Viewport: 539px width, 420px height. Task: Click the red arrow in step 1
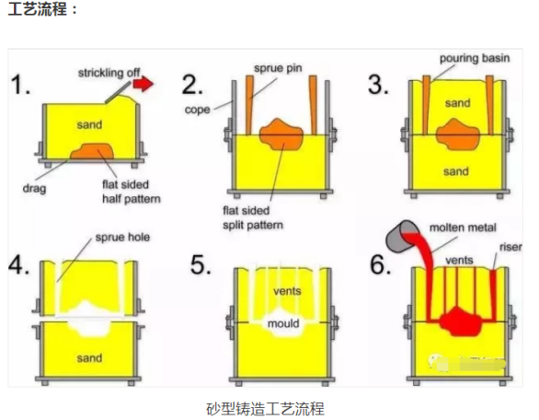[x=143, y=83]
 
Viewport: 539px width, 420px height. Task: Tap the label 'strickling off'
[x=109, y=73]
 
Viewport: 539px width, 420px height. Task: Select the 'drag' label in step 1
[x=34, y=188]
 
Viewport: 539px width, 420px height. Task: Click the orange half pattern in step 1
[x=92, y=151]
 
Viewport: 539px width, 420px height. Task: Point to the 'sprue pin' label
[x=278, y=68]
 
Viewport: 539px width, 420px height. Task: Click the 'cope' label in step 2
[x=197, y=110]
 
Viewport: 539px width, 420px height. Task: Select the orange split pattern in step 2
[x=281, y=134]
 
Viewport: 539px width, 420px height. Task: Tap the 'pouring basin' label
[x=475, y=58]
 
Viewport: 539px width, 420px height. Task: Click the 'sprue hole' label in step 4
[x=122, y=238]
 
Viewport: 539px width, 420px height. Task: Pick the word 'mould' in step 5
[x=283, y=323]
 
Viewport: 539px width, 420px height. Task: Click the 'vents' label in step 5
[x=287, y=291]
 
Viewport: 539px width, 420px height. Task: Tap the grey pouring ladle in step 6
[x=401, y=237]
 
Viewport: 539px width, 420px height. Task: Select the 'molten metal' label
[x=463, y=227]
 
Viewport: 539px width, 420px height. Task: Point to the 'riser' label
[x=510, y=247]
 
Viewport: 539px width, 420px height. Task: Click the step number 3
[x=378, y=85]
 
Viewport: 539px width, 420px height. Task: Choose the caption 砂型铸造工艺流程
[x=265, y=409]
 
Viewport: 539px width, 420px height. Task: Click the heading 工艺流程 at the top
[x=38, y=8]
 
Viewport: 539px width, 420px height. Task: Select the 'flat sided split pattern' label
[x=253, y=217]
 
